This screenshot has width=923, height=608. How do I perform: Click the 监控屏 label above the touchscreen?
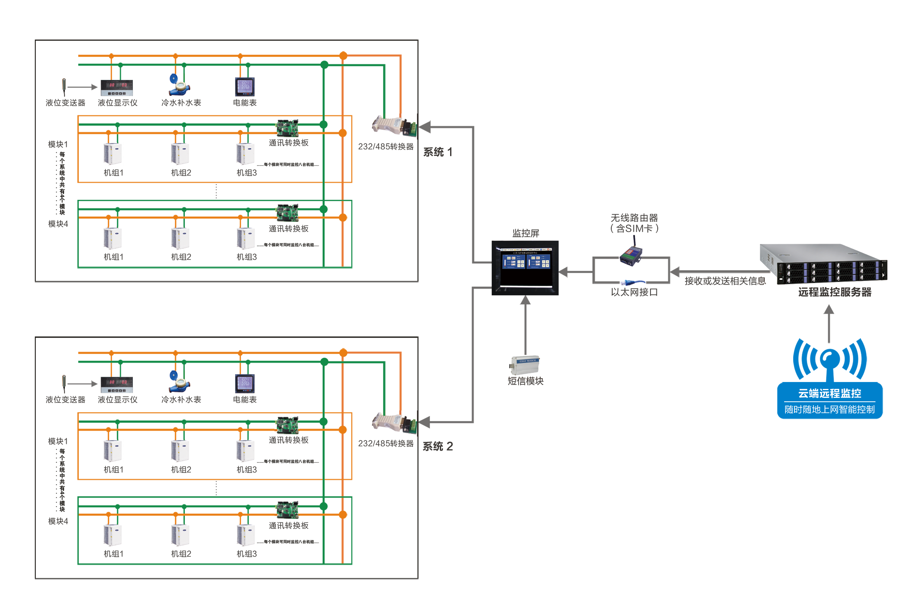tap(525, 233)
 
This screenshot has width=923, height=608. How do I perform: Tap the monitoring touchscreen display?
tap(525, 267)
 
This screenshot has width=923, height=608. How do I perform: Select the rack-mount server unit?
tap(823, 264)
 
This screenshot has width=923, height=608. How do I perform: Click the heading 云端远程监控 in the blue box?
tap(830, 393)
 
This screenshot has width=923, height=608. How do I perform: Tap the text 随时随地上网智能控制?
tap(830, 409)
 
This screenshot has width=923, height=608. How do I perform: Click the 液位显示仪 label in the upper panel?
tap(117, 103)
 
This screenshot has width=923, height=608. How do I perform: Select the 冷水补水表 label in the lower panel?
tap(181, 400)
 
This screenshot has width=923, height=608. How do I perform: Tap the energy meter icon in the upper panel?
tap(245, 86)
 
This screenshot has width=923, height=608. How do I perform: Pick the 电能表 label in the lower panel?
tap(245, 400)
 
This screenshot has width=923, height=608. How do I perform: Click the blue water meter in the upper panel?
tap(179, 84)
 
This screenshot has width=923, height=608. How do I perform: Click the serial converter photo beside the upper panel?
tap(393, 126)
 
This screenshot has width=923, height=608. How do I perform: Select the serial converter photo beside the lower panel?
tap(393, 423)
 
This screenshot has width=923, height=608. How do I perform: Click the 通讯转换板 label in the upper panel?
tap(288, 229)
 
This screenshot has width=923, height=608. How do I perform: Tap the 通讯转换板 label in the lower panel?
tap(288, 526)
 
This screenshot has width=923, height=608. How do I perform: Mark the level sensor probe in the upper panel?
tap(64, 86)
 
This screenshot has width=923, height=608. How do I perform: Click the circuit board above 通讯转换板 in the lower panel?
tap(287, 510)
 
